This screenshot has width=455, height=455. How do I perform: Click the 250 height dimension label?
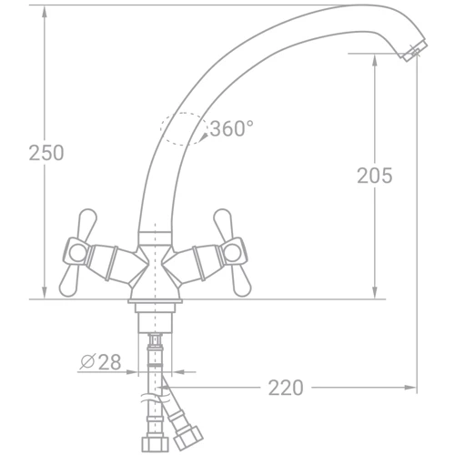coord(46,153)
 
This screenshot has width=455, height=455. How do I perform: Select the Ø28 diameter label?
coord(101,362)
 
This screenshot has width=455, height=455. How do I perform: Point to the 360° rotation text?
coord(231,129)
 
